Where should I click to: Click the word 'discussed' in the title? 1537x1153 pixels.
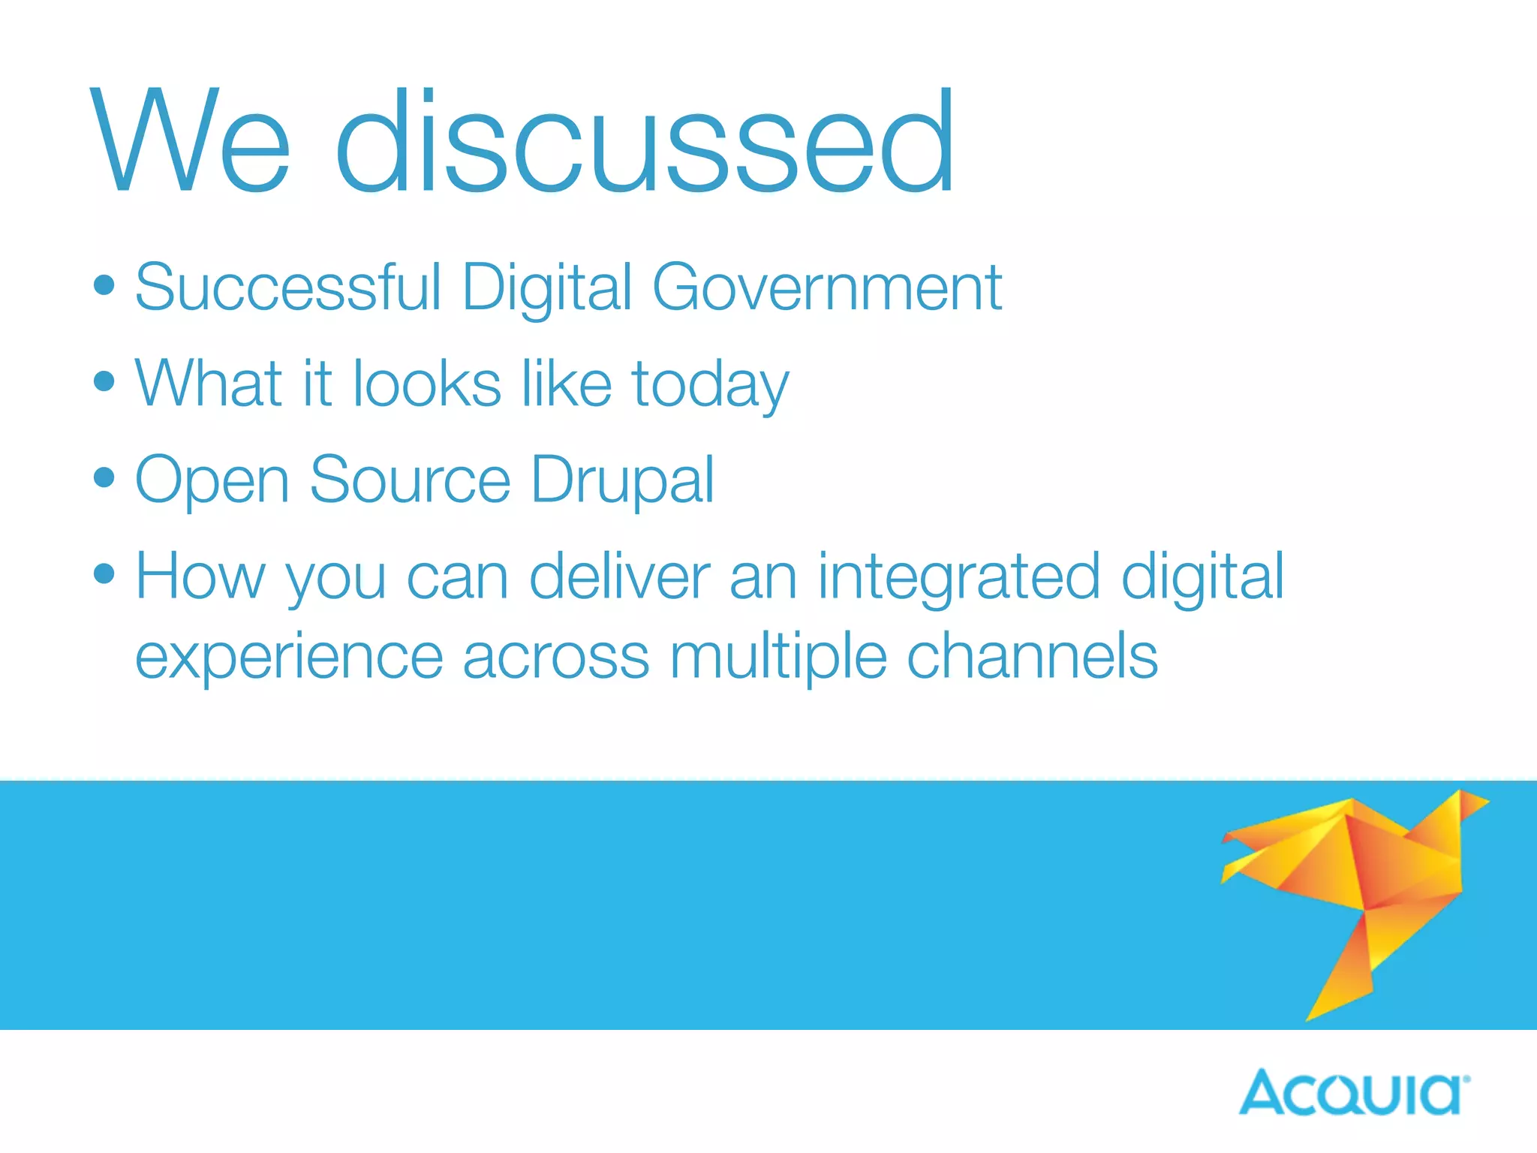coord(645,140)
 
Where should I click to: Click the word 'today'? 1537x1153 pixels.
coord(710,384)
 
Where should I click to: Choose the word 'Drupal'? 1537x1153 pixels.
coord(623,480)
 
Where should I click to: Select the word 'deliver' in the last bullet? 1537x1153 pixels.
coord(620,576)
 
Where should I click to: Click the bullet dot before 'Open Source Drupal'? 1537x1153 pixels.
coord(104,477)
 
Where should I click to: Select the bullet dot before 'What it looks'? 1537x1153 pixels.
coord(104,381)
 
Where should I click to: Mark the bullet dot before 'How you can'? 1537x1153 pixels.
coord(104,574)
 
